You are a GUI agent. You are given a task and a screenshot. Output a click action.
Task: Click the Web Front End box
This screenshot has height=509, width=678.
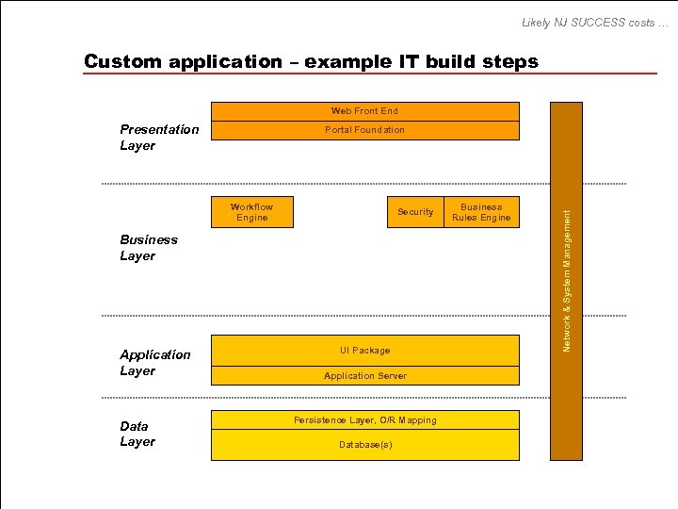364,111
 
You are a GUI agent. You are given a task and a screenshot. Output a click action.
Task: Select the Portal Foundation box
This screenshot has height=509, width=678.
364,130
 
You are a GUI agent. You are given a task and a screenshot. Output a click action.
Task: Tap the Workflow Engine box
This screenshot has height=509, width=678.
251,212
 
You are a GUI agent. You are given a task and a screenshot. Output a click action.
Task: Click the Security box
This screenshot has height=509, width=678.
415,212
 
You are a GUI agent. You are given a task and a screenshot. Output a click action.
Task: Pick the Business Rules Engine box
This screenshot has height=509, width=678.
481,212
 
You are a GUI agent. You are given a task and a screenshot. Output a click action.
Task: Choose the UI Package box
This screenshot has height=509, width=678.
364,351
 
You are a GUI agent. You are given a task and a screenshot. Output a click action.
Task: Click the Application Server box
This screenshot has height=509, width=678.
364,376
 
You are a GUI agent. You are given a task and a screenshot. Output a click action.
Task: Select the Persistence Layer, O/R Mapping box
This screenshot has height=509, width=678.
364,419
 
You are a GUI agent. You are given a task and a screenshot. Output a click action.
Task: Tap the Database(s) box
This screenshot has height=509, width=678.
364,445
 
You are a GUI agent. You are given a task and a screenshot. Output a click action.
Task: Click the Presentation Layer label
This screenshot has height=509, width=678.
159,138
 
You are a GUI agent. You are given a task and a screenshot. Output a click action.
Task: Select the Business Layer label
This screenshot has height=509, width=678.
149,248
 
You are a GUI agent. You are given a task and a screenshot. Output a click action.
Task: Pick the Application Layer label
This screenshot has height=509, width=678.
154,363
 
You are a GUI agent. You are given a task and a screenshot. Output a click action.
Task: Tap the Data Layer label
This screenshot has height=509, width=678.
137,434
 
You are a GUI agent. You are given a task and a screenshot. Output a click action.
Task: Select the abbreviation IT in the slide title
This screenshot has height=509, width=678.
412,62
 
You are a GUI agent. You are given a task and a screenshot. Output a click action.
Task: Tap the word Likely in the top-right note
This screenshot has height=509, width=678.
537,22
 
